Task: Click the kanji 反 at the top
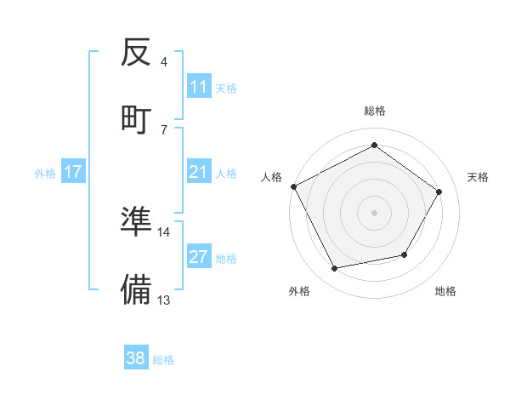click(136, 54)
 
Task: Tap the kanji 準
click(136, 222)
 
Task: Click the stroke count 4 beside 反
click(163, 62)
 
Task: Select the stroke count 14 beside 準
click(163, 231)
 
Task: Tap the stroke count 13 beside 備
click(163, 300)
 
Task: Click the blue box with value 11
click(199, 87)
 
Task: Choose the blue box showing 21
click(199, 173)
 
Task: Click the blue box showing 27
click(199, 257)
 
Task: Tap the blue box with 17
click(73, 173)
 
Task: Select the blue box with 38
click(136, 359)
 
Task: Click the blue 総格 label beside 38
click(163, 360)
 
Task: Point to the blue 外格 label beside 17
click(45, 174)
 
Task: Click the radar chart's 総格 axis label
click(374, 111)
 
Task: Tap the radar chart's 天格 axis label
click(478, 177)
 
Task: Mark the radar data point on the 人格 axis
click(293, 186)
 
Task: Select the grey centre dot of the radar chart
click(374, 212)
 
